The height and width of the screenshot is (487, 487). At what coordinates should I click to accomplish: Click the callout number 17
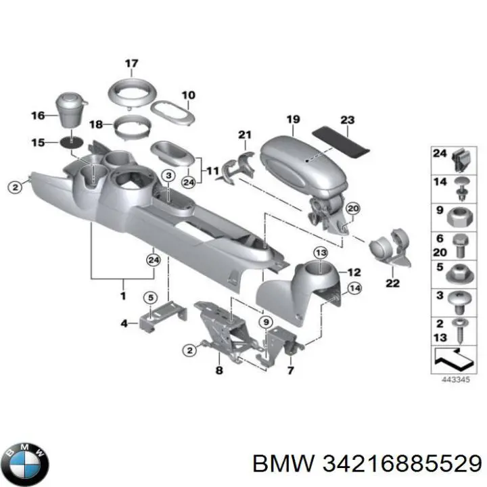(131, 64)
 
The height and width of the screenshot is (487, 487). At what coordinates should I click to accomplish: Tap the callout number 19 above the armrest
(292, 120)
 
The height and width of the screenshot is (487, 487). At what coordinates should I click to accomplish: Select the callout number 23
(347, 120)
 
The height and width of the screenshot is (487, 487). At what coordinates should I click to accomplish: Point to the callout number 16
(38, 116)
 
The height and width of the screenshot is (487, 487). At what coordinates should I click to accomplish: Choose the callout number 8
(218, 370)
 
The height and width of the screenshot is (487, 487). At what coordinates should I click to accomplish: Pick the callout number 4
(124, 324)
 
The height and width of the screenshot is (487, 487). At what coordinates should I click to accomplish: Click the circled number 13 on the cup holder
(320, 252)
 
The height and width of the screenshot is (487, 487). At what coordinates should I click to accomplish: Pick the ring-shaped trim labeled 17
(131, 90)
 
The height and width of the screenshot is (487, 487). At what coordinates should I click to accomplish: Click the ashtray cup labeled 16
(73, 112)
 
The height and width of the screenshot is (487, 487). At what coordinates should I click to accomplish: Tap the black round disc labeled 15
(73, 143)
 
